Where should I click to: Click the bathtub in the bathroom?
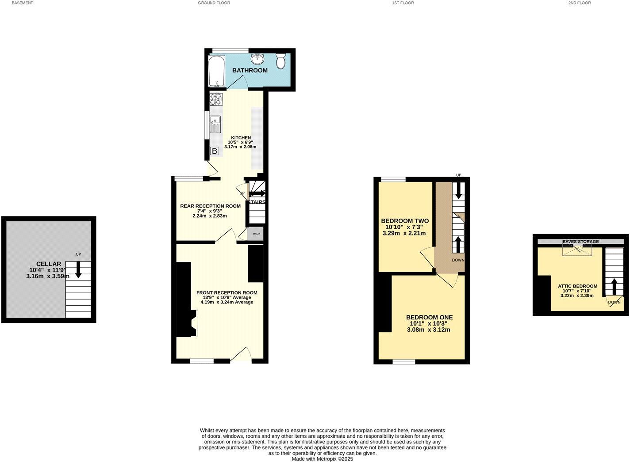[217, 71]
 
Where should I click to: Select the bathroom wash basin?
[257, 59]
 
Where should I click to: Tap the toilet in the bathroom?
[280, 61]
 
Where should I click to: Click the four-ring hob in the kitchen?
[216, 99]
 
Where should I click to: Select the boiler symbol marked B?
[215, 151]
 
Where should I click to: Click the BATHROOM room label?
[250, 70]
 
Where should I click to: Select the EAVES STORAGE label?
[580, 242]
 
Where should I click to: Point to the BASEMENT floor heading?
[22, 3]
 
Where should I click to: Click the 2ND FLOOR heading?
[580, 3]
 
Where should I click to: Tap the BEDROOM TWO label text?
[405, 221]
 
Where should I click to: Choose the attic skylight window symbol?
[577, 250]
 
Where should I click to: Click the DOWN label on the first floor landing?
[458, 260]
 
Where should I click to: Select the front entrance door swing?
[242, 354]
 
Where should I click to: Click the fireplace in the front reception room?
[193, 323]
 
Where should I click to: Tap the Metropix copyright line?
[322, 459]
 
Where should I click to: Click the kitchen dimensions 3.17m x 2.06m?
[240, 147]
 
